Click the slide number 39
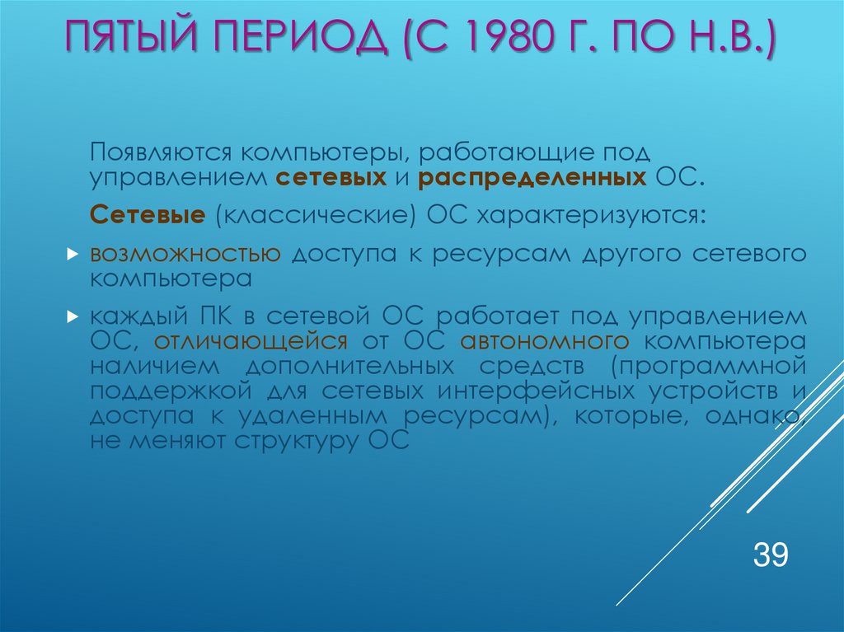point(771,554)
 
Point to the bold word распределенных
point(532,176)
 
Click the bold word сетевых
point(331,176)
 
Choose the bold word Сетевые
point(148,215)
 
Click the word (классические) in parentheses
point(316,215)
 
